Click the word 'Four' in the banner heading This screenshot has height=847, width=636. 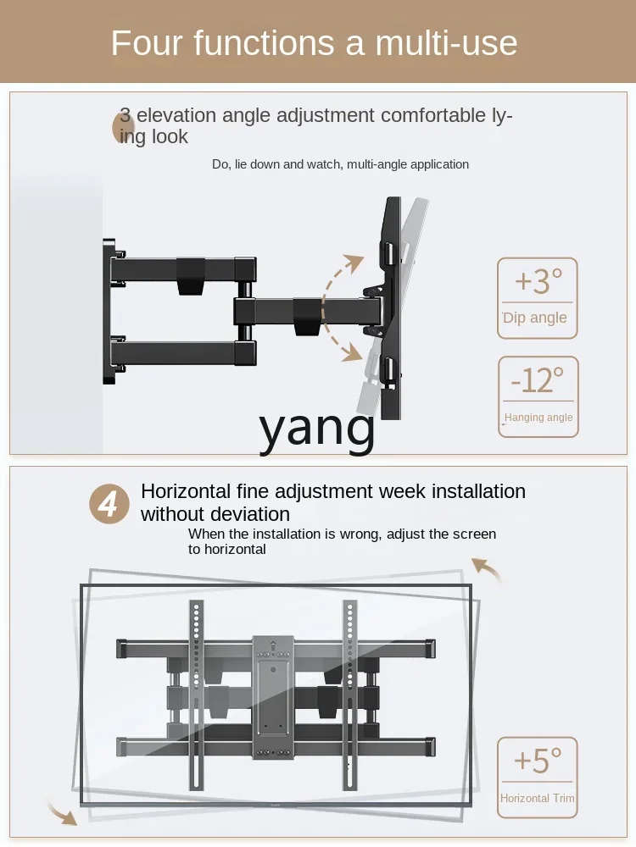coord(146,42)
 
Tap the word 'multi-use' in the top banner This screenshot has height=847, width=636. coord(446,42)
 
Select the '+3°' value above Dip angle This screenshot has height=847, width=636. coord(538,281)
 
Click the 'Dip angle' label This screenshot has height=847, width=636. coord(534,318)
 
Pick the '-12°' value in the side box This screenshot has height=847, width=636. coord(538,379)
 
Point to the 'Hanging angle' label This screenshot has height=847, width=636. coord(538,417)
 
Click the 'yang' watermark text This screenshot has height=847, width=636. coord(317,429)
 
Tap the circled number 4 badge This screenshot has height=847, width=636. coord(109,503)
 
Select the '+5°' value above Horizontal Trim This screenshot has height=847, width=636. coord(538,761)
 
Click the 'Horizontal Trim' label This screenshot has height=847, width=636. coord(537,798)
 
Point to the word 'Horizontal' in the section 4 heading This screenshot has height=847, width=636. coord(186,491)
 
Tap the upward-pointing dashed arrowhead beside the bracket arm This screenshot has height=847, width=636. coord(354,263)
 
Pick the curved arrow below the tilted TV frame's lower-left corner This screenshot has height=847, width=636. coord(62,813)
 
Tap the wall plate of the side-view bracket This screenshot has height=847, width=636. coord(109,311)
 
